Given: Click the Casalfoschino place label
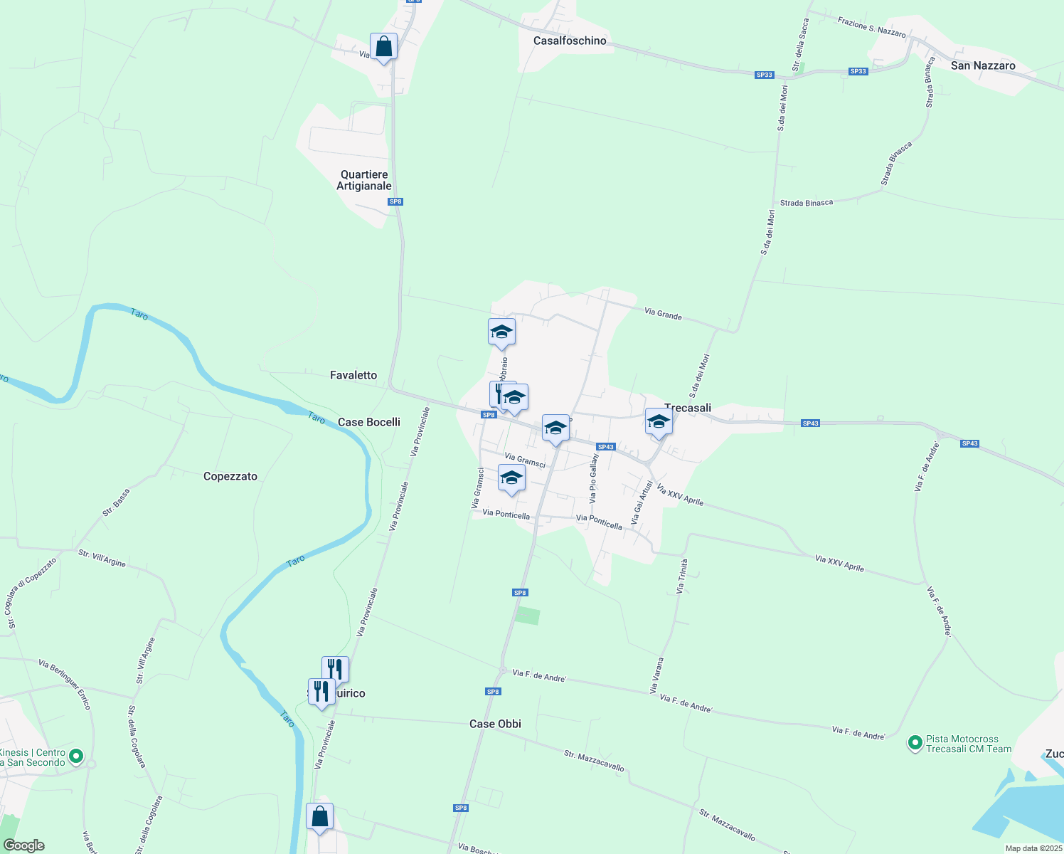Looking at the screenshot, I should [x=570, y=41].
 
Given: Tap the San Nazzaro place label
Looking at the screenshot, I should [x=983, y=65].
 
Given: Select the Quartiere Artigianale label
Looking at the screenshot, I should [x=364, y=180].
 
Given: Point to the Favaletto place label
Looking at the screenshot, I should [x=353, y=375].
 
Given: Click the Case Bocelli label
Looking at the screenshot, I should [x=368, y=422].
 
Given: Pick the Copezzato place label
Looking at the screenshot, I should [x=230, y=476].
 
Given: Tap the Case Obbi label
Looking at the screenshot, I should [x=495, y=724].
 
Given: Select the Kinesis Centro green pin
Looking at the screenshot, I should [x=77, y=756].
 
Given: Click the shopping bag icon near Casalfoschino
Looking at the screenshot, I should [x=383, y=47].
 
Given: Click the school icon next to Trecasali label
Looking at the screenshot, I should [x=659, y=421].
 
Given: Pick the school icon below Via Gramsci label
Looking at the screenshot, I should [x=511, y=478].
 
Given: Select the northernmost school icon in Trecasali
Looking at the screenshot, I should [x=501, y=332].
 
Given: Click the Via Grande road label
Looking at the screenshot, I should [x=663, y=314].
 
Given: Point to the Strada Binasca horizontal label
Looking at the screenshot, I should [x=806, y=203].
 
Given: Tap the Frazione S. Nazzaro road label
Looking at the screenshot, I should [x=871, y=28].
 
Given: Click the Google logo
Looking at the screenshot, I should [x=24, y=845].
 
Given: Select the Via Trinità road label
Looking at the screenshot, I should [x=681, y=576].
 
